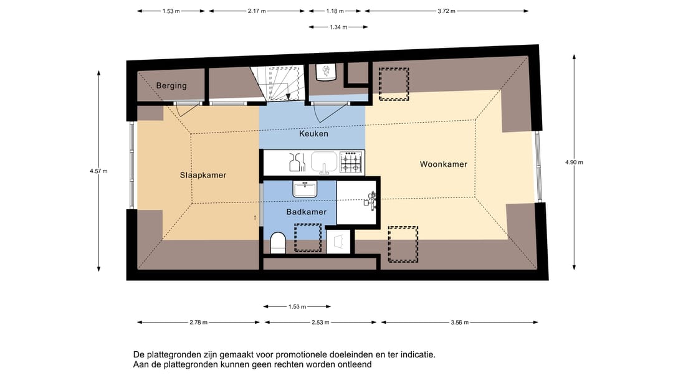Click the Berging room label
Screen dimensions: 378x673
click(171, 86)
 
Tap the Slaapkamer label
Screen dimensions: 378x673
click(203, 175)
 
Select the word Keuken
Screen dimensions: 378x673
click(313, 134)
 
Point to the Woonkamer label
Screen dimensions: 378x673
click(443, 164)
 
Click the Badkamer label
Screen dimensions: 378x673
click(306, 212)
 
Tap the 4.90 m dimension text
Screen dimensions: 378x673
click(574, 163)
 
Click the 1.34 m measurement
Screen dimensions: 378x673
click(339, 27)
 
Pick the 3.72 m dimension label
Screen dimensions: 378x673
click(446, 11)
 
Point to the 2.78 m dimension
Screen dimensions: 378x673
click(198, 323)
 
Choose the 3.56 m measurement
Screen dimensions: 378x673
click(460, 323)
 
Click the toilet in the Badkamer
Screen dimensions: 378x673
click(279, 242)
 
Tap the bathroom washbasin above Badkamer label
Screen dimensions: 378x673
click(305, 188)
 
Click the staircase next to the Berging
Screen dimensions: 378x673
click(279, 83)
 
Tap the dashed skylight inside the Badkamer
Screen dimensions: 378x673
click(307, 237)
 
